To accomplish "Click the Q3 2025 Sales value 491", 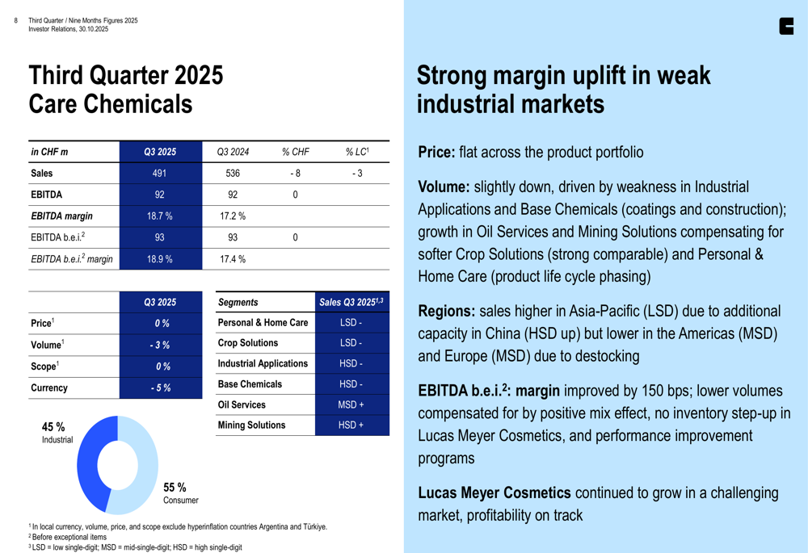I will tap(159, 173).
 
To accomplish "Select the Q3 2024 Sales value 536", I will tap(233, 173).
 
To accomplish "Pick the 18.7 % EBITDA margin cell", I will tap(159, 216).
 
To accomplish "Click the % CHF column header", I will tap(296, 152).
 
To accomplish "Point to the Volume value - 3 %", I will tap(159, 345).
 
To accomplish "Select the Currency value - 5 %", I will tap(159, 388).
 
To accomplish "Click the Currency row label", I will tap(49, 388).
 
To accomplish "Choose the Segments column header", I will tap(238, 302).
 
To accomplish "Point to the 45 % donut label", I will tap(53, 426).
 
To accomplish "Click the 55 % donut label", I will tap(175, 487).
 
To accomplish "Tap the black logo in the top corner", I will tap(785, 26).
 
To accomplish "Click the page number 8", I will tap(16, 21).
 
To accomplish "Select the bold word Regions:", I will tap(447, 312).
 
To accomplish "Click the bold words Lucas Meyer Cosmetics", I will tap(494, 492).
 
